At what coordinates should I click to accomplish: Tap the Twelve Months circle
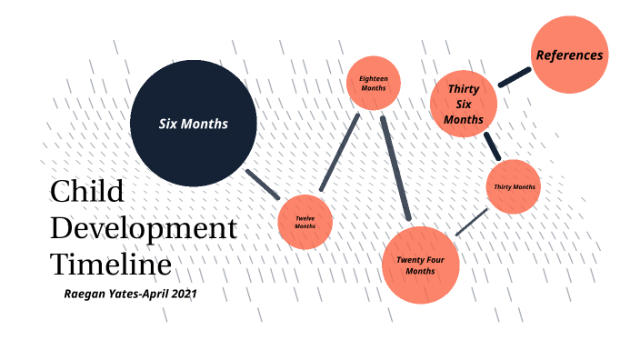click(305, 221)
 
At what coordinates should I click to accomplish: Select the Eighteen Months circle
click(373, 84)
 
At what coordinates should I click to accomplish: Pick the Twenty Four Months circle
click(420, 265)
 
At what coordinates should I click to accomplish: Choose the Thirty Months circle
click(514, 187)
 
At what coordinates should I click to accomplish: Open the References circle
click(569, 55)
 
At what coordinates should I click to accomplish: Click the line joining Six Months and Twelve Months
click(264, 184)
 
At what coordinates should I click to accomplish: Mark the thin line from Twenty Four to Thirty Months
click(472, 221)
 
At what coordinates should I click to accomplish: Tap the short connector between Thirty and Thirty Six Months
click(492, 145)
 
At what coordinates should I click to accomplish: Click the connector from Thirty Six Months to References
click(515, 76)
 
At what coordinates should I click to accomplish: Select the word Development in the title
click(143, 229)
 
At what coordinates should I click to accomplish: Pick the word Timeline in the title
click(110, 265)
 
